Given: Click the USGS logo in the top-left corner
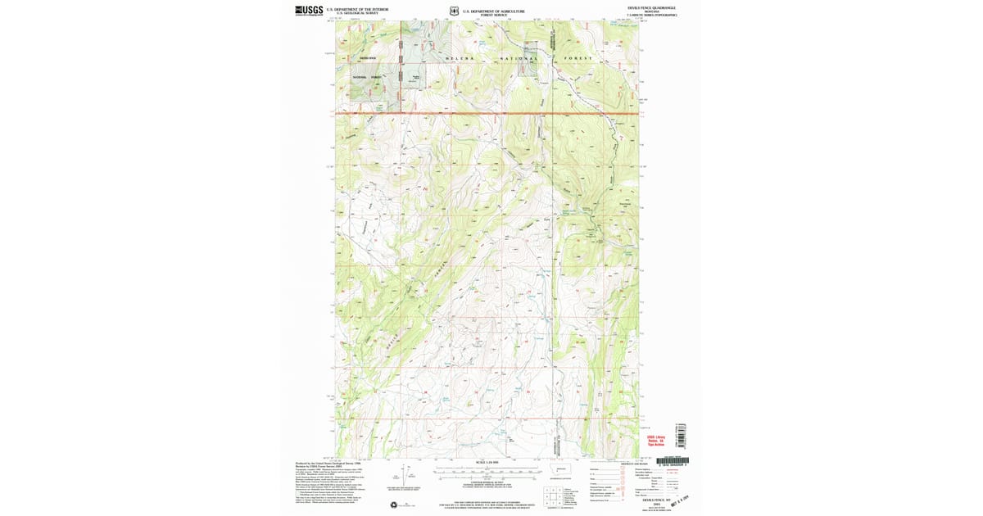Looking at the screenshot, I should tap(308, 11).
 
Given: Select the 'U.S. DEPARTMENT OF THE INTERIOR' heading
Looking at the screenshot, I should tap(357, 9).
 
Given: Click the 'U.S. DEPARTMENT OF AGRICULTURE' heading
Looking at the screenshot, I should tap(493, 11).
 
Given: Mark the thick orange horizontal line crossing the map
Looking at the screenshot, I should tap(491, 113).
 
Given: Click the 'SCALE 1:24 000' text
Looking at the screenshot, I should tap(487, 463).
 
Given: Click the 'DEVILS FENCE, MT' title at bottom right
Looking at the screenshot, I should tap(658, 499).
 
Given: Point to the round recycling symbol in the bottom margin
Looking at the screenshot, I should tap(393, 504).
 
